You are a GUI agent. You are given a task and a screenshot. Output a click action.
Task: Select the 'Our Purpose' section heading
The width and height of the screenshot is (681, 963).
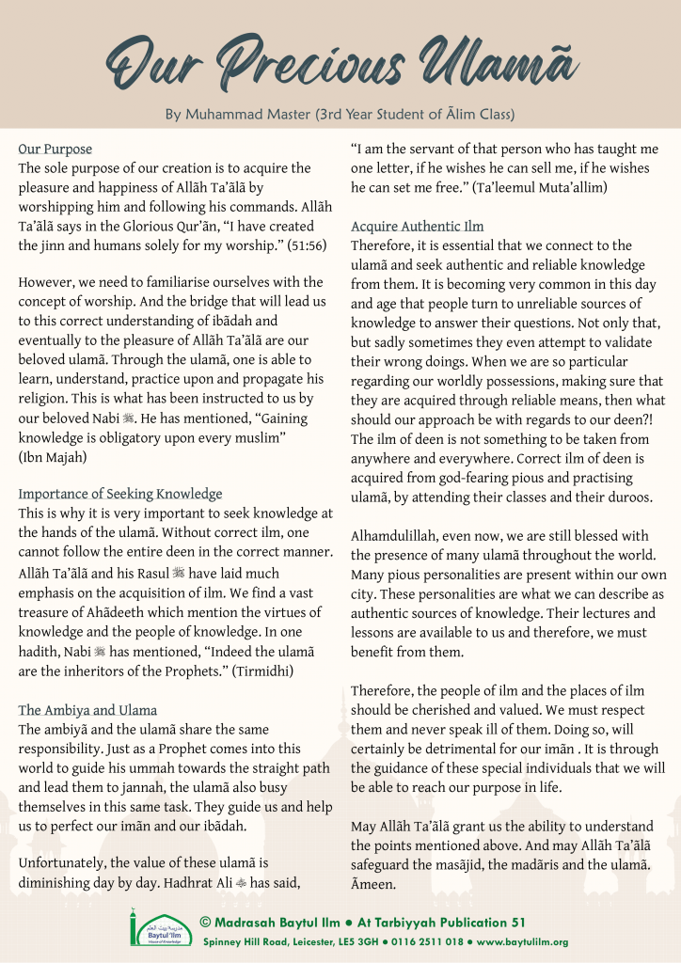coord(55,149)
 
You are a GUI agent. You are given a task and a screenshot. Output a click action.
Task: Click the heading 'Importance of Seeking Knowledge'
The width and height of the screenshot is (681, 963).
coord(120,493)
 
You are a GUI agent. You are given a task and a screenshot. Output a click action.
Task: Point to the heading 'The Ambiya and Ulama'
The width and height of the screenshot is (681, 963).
coord(87,710)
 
